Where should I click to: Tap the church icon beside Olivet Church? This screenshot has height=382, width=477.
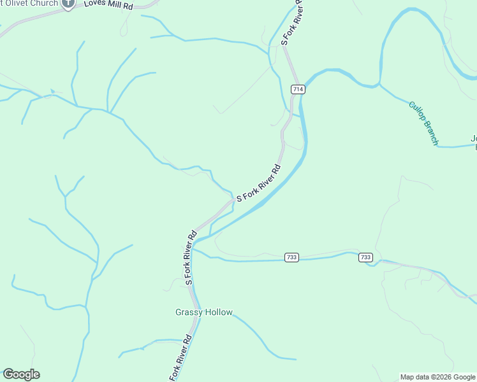click(x=68, y=3)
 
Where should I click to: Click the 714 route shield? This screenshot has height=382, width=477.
click(x=297, y=89)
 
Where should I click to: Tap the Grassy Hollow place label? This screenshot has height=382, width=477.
click(x=204, y=312)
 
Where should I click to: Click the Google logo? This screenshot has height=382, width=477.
click(x=21, y=374)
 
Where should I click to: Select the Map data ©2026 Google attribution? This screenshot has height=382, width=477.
click(x=438, y=377)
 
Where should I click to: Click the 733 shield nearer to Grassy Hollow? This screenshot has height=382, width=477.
click(x=292, y=257)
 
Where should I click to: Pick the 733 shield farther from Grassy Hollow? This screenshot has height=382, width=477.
click(x=365, y=257)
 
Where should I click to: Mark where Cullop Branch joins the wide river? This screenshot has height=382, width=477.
click(x=380, y=83)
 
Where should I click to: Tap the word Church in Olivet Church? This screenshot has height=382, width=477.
click(x=45, y=3)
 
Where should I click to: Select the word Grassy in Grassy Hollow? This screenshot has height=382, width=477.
click(x=189, y=312)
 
